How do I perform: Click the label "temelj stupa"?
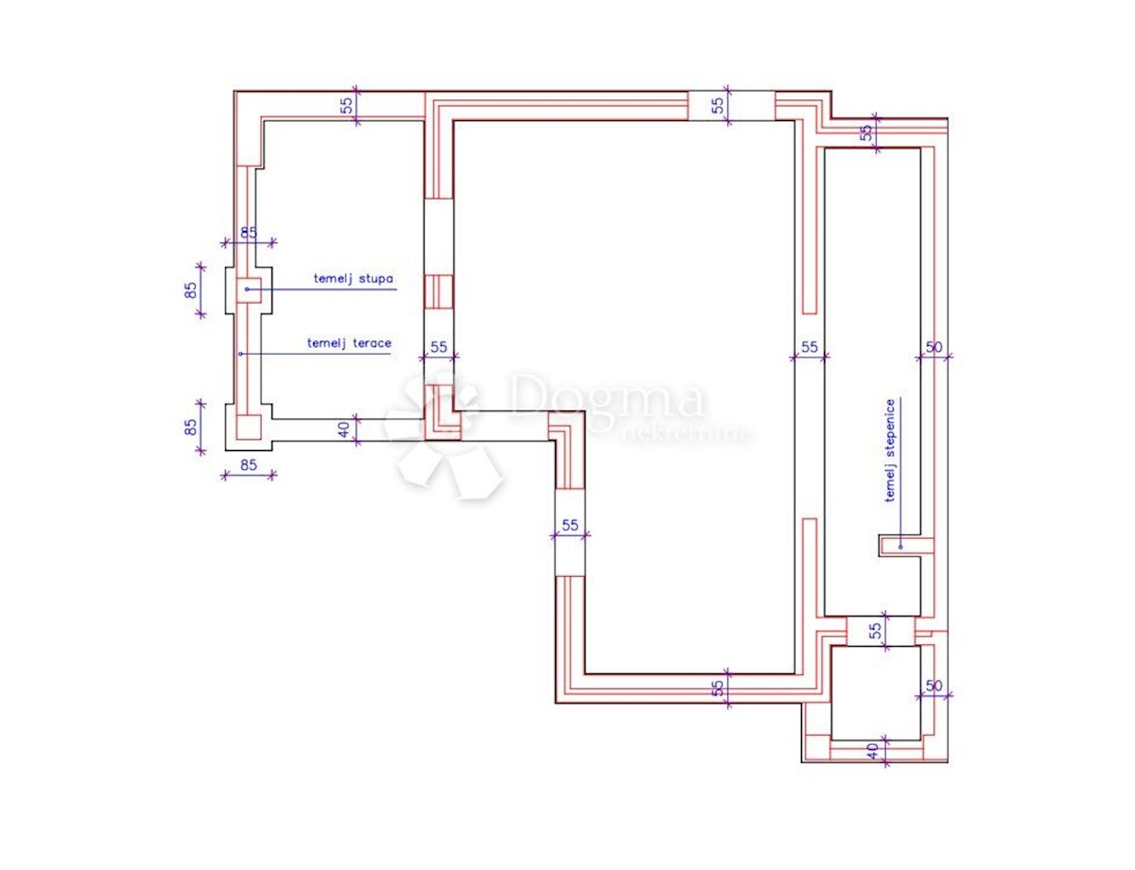click(x=353, y=278)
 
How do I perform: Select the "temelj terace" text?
click(x=349, y=343)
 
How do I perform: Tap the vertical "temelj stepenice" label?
click(x=890, y=450)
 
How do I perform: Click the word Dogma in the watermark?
click(x=606, y=397)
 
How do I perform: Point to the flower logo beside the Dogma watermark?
click(x=443, y=433)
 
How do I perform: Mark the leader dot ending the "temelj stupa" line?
click(x=247, y=289)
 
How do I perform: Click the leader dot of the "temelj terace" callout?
click(x=240, y=354)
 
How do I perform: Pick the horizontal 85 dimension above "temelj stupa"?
click(x=249, y=233)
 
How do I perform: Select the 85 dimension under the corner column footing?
click(x=249, y=464)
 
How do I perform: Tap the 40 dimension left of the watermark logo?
click(x=343, y=429)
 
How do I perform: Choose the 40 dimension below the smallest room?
click(x=872, y=752)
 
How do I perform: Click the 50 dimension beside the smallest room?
click(x=934, y=686)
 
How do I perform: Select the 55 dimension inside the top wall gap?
click(x=719, y=105)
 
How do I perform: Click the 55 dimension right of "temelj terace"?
click(x=439, y=347)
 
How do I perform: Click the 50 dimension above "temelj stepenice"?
click(x=934, y=347)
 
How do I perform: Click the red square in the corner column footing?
click(x=249, y=427)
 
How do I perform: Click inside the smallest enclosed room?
click(x=876, y=693)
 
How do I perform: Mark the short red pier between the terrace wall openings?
click(x=439, y=292)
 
